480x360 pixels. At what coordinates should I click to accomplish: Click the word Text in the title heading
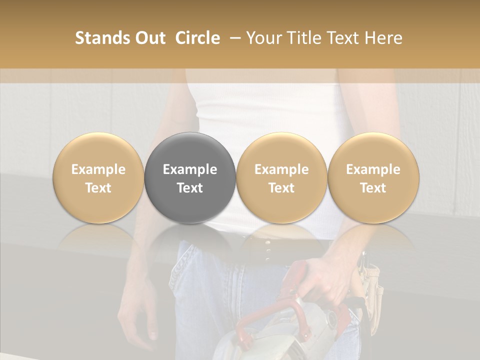[x=345, y=38]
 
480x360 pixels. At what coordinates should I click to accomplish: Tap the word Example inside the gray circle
[x=190, y=169]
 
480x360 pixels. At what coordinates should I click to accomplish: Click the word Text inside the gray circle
[x=190, y=188]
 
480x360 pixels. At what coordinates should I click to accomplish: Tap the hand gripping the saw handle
[x=320, y=280]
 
